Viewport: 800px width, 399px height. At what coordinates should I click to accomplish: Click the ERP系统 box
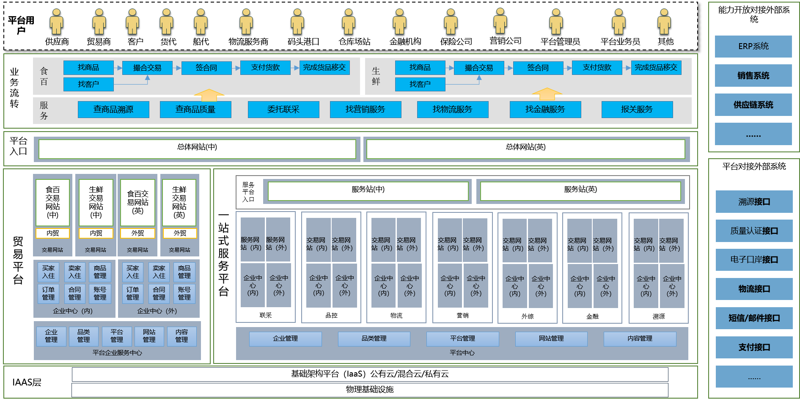tap(753, 47)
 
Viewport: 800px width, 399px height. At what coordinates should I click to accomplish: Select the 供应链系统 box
tap(753, 105)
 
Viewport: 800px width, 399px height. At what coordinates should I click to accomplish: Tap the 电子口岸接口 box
tap(754, 260)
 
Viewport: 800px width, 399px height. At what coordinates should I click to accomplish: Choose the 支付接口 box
tap(754, 347)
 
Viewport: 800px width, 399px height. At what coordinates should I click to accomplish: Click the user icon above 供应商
tap(56, 22)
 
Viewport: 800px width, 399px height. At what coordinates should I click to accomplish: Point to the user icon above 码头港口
tap(297, 22)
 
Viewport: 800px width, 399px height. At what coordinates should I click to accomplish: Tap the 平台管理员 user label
tap(560, 41)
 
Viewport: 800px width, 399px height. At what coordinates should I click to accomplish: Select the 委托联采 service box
tap(283, 110)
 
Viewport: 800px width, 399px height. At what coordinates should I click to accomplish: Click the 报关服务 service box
tap(637, 110)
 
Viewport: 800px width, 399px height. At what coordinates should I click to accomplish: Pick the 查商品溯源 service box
tap(113, 110)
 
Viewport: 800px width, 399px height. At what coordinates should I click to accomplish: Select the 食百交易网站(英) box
tap(137, 203)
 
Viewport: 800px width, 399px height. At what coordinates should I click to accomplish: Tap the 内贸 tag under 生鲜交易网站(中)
tap(96, 233)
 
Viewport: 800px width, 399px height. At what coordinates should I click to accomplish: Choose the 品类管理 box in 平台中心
tap(374, 338)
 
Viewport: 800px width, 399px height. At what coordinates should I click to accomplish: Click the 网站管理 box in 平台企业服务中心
tap(149, 336)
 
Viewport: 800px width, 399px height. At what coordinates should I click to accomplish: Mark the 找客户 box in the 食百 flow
tap(88, 84)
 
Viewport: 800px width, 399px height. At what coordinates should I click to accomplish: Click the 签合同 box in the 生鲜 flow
tap(538, 68)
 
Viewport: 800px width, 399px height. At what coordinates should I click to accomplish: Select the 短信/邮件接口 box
tap(754, 318)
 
